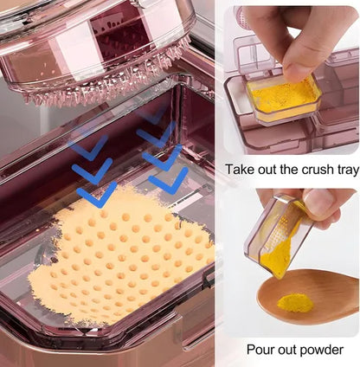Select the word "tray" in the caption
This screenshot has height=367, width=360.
coord(347,171)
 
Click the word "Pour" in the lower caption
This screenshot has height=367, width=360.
coord(260,350)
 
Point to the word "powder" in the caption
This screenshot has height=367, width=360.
coord(319,350)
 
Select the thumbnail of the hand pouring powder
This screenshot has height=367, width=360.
coord(291,262)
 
